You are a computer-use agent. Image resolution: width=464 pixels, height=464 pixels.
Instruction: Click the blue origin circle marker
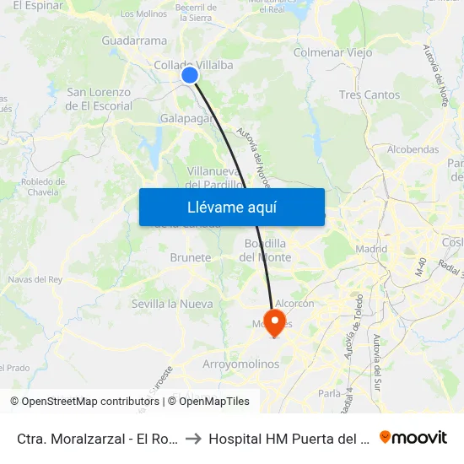coord(190,75)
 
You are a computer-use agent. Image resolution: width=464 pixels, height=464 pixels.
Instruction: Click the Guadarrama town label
coord(133,40)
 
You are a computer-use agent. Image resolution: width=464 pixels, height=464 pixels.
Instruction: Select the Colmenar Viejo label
coord(332,52)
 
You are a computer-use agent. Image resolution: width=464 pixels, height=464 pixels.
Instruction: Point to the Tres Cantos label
coord(369,94)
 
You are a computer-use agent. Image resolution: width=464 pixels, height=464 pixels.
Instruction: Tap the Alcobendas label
coord(413,149)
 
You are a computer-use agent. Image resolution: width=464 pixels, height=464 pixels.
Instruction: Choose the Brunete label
coord(190,257)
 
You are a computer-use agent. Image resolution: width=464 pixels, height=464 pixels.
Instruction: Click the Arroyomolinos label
coord(240,364)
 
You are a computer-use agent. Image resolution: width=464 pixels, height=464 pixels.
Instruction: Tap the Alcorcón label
coord(294,304)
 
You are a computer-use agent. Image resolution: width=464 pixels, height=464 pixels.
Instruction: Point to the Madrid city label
coord(371,249)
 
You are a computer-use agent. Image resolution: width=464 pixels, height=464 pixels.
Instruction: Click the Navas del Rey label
coord(35,279)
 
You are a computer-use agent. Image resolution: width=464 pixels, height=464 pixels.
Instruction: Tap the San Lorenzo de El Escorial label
coord(99,100)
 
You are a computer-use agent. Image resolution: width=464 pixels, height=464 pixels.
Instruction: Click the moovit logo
coord(413,437)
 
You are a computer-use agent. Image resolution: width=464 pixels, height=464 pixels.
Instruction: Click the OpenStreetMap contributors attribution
coord(84,402)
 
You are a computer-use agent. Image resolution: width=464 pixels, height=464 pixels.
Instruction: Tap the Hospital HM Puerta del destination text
coord(289,439)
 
